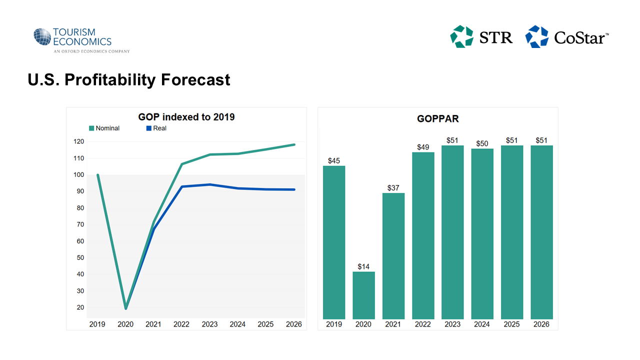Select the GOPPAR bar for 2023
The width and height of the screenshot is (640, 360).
[452, 232]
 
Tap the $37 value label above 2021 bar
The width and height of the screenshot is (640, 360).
[393, 187]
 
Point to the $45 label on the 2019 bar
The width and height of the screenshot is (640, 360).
[334, 160]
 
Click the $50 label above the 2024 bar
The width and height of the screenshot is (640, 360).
[482, 143]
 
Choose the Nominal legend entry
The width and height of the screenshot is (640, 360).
[104, 128]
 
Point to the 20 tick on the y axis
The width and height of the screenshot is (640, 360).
[79, 307]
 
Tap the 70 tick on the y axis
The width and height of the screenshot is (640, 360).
[79, 224]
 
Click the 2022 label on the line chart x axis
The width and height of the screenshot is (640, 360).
[181, 324]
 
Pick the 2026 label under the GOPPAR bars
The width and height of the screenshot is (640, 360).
[541, 324]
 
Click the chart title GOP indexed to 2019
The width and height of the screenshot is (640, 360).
[186, 117]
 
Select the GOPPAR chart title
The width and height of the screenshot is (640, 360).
[438, 119]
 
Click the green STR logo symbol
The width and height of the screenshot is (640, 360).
[461, 37]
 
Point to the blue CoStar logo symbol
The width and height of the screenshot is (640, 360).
[536, 37]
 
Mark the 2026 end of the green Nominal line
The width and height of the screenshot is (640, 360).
[294, 144]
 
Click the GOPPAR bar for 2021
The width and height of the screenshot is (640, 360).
[393, 256]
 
